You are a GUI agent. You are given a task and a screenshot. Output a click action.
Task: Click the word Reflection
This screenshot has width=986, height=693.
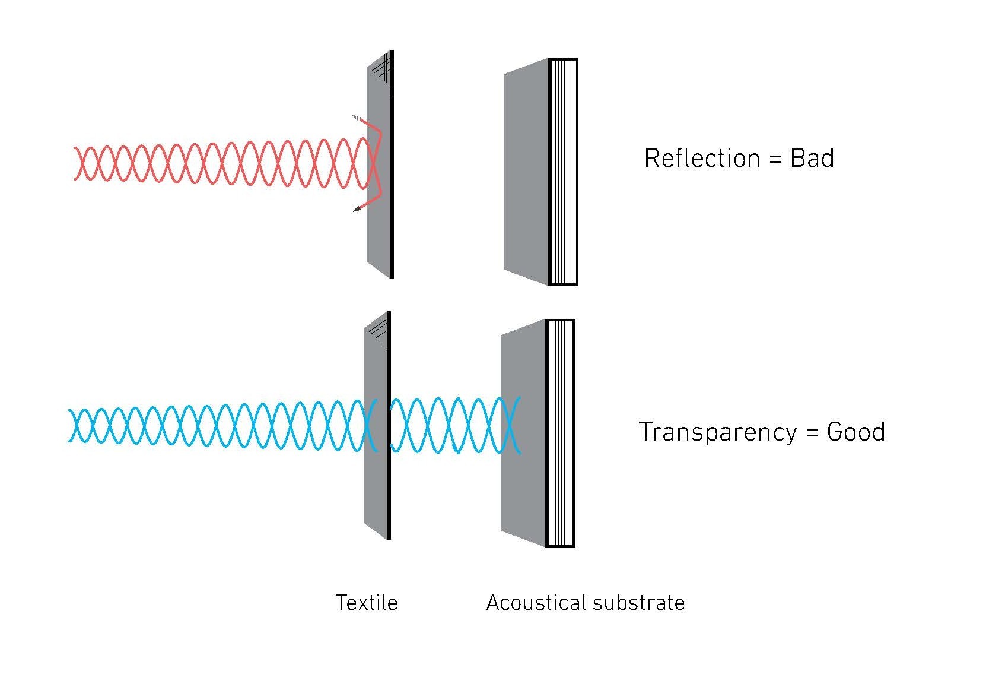[x=702, y=158]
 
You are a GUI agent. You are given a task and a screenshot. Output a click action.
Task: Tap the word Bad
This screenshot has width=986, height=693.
[x=812, y=158]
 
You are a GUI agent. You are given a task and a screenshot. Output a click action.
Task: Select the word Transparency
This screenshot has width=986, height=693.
[x=718, y=432]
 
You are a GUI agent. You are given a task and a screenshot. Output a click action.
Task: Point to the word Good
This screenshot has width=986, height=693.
[x=856, y=432]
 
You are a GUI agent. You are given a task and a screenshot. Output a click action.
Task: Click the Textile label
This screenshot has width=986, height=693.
[x=366, y=602]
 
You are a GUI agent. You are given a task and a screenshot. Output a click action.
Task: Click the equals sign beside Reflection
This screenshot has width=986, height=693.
[x=775, y=160]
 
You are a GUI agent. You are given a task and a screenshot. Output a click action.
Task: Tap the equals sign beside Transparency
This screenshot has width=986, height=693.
[x=813, y=433]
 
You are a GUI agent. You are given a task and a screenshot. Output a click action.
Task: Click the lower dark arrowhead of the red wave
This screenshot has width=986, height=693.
[x=357, y=209]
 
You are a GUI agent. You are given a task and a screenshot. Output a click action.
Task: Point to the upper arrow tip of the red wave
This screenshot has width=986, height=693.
[x=356, y=117]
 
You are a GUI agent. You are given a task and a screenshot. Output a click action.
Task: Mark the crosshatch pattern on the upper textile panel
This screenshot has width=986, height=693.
[x=381, y=68]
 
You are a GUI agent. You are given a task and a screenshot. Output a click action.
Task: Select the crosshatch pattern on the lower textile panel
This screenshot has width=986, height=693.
[x=379, y=330]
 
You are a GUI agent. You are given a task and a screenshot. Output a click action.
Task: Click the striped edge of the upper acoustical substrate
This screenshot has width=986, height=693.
[x=564, y=172]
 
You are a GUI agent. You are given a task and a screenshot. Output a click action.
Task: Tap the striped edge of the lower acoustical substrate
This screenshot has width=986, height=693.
[x=561, y=433]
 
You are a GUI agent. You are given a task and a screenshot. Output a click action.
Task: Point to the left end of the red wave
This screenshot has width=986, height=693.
[x=74, y=164]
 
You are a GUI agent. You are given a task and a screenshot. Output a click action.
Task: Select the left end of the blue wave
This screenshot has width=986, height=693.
[x=69, y=425]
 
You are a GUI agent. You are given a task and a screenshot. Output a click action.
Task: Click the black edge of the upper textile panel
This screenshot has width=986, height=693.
[x=392, y=164]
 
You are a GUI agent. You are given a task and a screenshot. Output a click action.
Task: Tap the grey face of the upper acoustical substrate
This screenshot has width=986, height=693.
[x=526, y=172]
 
